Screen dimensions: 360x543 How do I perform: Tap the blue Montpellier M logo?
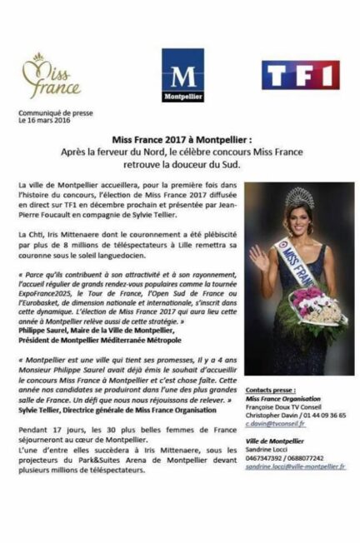coord(182,77)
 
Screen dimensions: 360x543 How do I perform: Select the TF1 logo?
coord(299,74)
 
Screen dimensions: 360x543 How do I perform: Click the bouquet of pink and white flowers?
coord(309,307)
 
